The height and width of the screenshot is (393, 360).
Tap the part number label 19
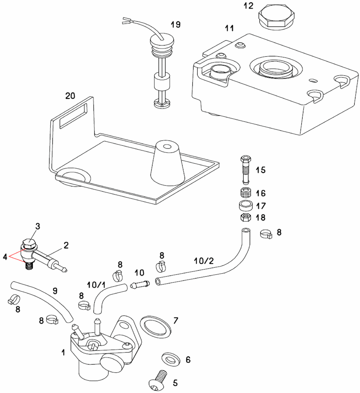tap(176, 24)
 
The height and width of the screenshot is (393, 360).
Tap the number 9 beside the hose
tap(55, 291)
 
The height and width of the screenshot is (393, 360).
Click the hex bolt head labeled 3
tap(28, 244)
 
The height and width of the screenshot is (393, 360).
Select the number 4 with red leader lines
tap(5, 257)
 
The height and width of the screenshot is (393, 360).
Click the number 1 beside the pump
tap(63, 353)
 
